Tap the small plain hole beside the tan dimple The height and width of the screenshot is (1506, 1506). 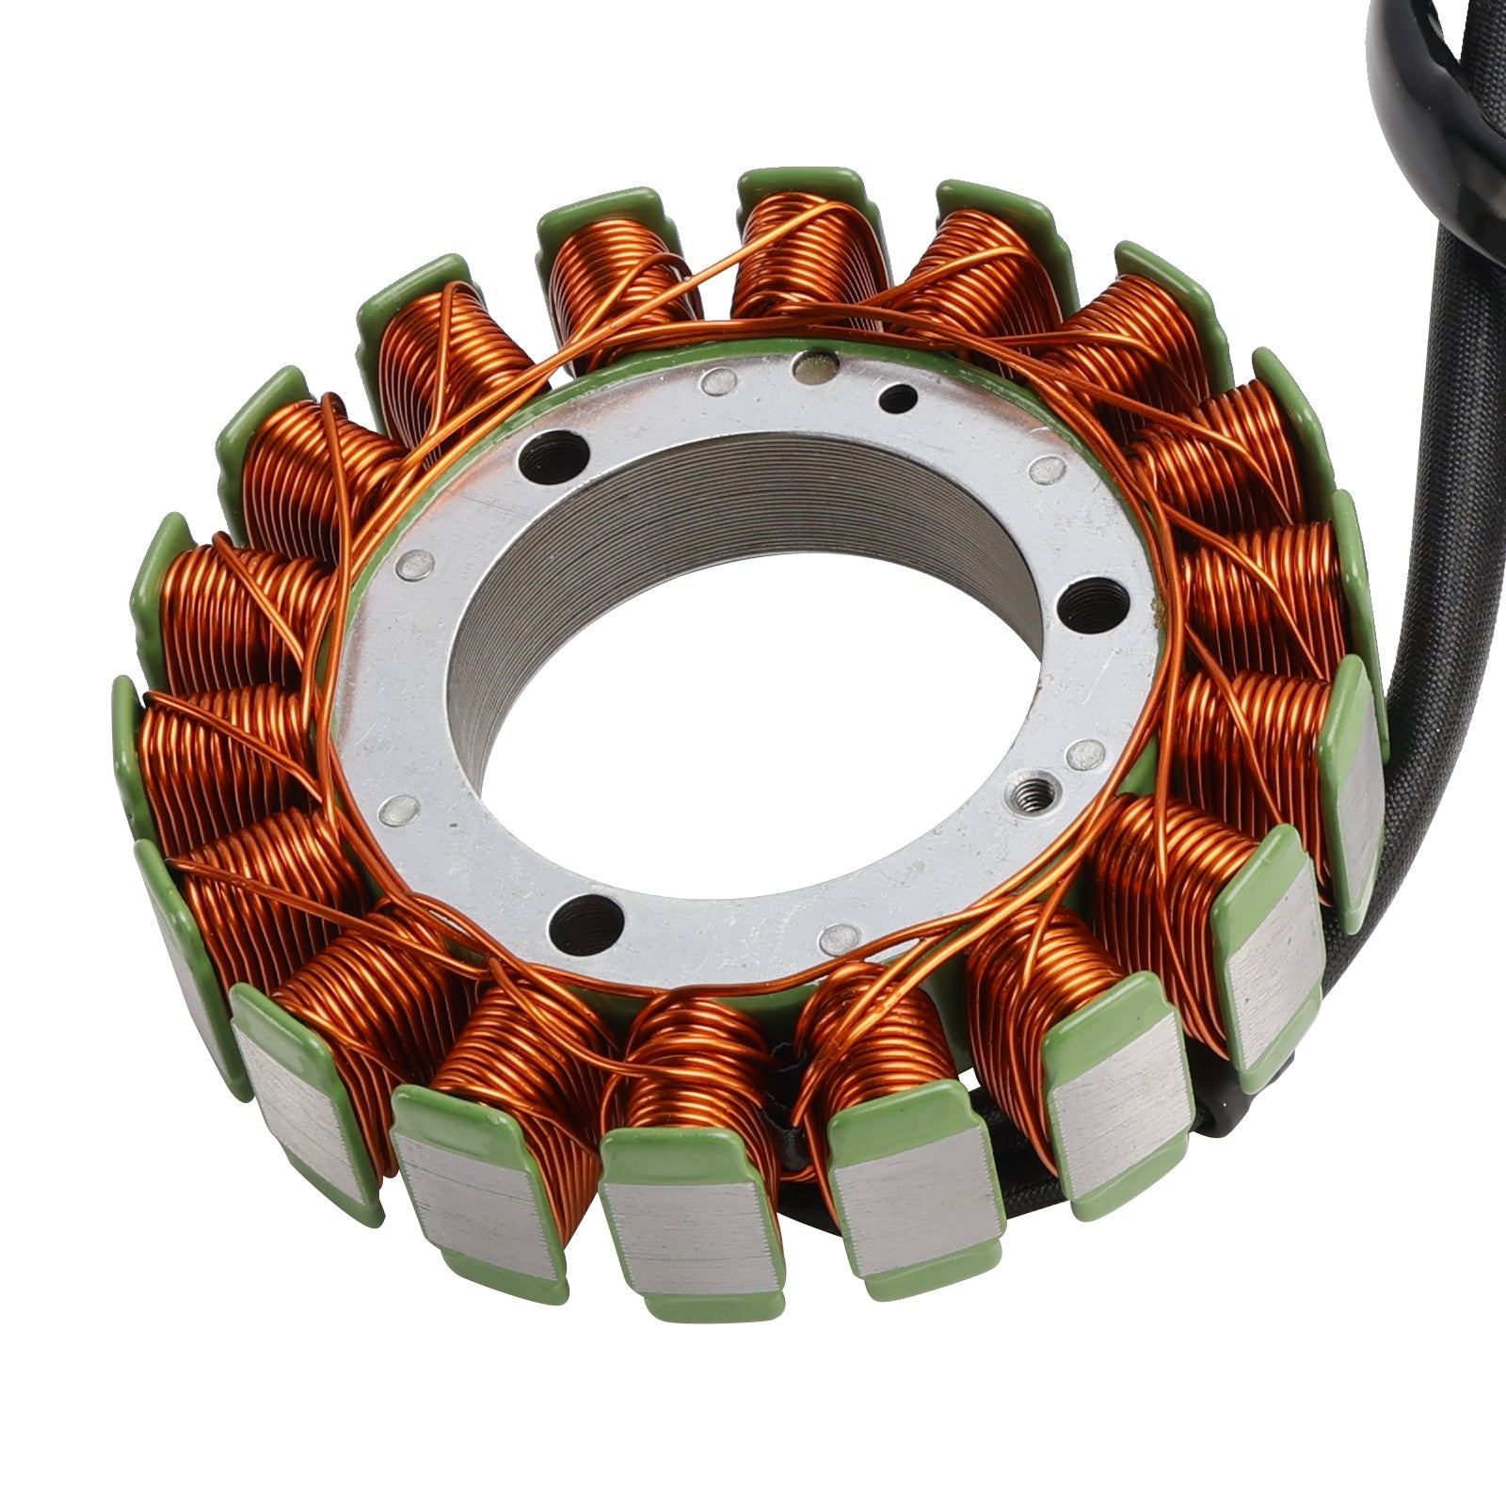tap(896, 397)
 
